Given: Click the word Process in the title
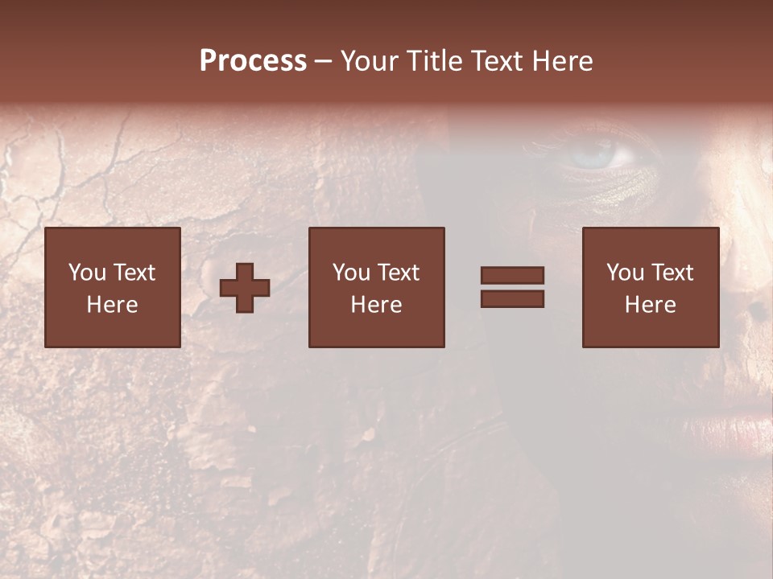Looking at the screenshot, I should click(x=253, y=61).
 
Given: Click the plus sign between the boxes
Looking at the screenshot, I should click(x=245, y=288).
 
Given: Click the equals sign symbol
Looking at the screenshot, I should click(x=512, y=287).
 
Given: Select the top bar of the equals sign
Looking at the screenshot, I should click(x=512, y=276).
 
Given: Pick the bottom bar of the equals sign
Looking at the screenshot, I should click(x=512, y=299).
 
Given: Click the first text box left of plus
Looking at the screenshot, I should click(x=112, y=287).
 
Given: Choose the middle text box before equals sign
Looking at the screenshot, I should click(x=376, y=287).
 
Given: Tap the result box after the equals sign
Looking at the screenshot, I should click(x=650, y=287).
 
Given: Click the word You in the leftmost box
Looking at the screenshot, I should click(x=87, y=273).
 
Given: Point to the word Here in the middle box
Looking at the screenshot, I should click(x=376, y=305).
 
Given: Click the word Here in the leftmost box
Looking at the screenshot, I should click(x=112, y=305).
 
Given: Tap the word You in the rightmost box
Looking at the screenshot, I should click(x=626, y=273).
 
